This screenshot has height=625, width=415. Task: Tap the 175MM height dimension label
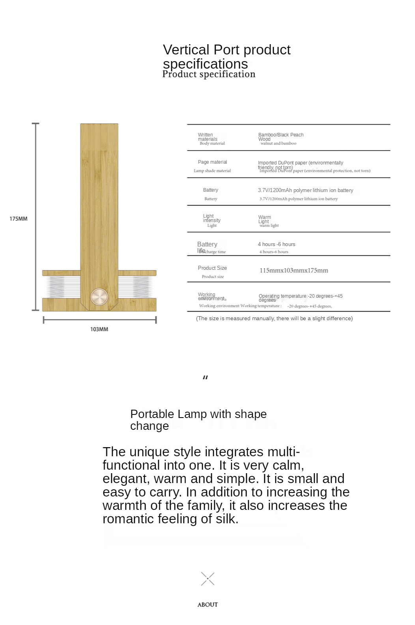pyautogui.click(x=19, y=218)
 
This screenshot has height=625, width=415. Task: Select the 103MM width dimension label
pyautogui.click(x=99, y=329)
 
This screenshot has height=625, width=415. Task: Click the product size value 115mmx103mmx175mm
pyautogui.click(x=293, y=270)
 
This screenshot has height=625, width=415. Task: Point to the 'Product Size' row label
pyautogui.click(x=212, y=268)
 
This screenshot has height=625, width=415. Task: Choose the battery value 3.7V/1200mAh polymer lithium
pyautogui.click(x=305, y=190)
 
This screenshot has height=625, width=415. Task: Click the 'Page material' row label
pyautogui.click(x=212, y=162)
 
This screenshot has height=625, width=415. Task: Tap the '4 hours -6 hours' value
pyautogui.click(x=276, y=244)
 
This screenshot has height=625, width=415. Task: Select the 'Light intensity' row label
pyautogui.click(x=211, y=218)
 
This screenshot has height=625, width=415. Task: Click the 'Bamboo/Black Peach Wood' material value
pyautogui.click(x=280, y=136)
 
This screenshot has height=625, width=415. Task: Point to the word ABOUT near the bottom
pyautogui.click(x=207, y=604)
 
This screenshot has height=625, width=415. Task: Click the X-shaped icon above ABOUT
pyautogui.click(x=207, y=579)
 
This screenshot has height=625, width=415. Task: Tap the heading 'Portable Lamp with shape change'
pyautogui.click(x=198, y=420)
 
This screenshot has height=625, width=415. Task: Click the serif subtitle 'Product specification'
pyautogui.click(x=209, y=74)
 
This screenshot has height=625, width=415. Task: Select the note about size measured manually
pyautogui.click(x=274, y=318)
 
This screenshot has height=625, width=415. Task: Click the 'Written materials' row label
pyautogui.click(x=207, y=136)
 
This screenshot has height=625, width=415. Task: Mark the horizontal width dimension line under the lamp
pyautogui.click(x=99, y=320)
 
